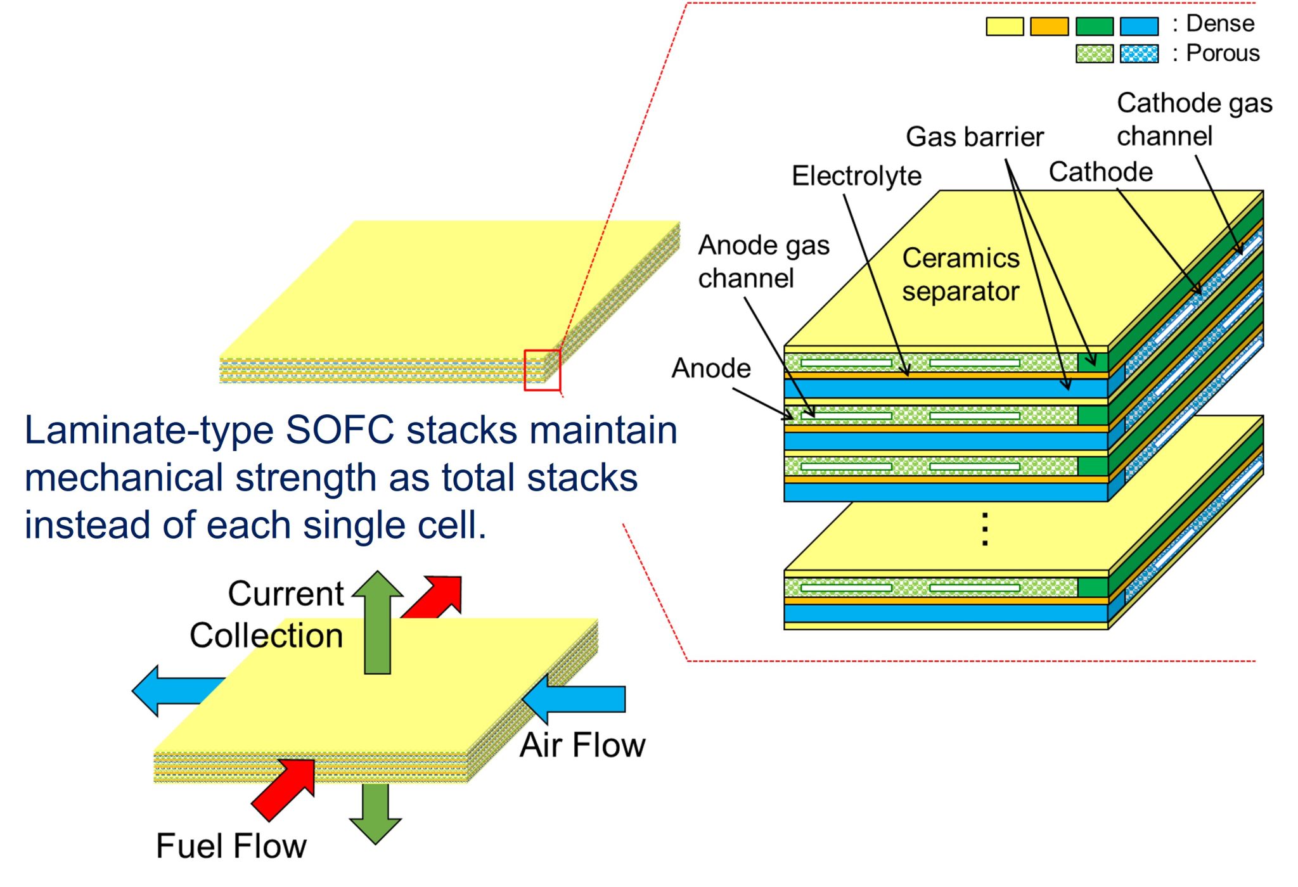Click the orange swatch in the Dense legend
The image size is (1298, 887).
click(1049, 26)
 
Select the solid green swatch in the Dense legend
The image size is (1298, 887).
click(1095, 26)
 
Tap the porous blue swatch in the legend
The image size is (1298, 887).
click(1139, 54)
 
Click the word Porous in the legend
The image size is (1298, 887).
click(1223, 53)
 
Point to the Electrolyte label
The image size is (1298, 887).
click(856, 175)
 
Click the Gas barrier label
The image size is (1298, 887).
click(974, 137)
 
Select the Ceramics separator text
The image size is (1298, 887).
click(961, 275)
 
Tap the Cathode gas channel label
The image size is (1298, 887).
click(1194, 120)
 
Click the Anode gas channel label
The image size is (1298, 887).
click(763, 262)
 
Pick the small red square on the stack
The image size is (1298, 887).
click(542, 370)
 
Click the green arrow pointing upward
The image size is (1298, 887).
click(378, 621)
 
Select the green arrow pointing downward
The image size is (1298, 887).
click(375, 814)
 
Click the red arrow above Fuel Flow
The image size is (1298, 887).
click(285, 788)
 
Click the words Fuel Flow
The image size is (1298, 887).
click(231, 846)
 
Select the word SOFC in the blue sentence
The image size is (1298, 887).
click(340, 430)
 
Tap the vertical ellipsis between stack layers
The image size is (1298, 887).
click(984, 529)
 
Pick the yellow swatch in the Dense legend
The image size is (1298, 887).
click(1005, 26)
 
